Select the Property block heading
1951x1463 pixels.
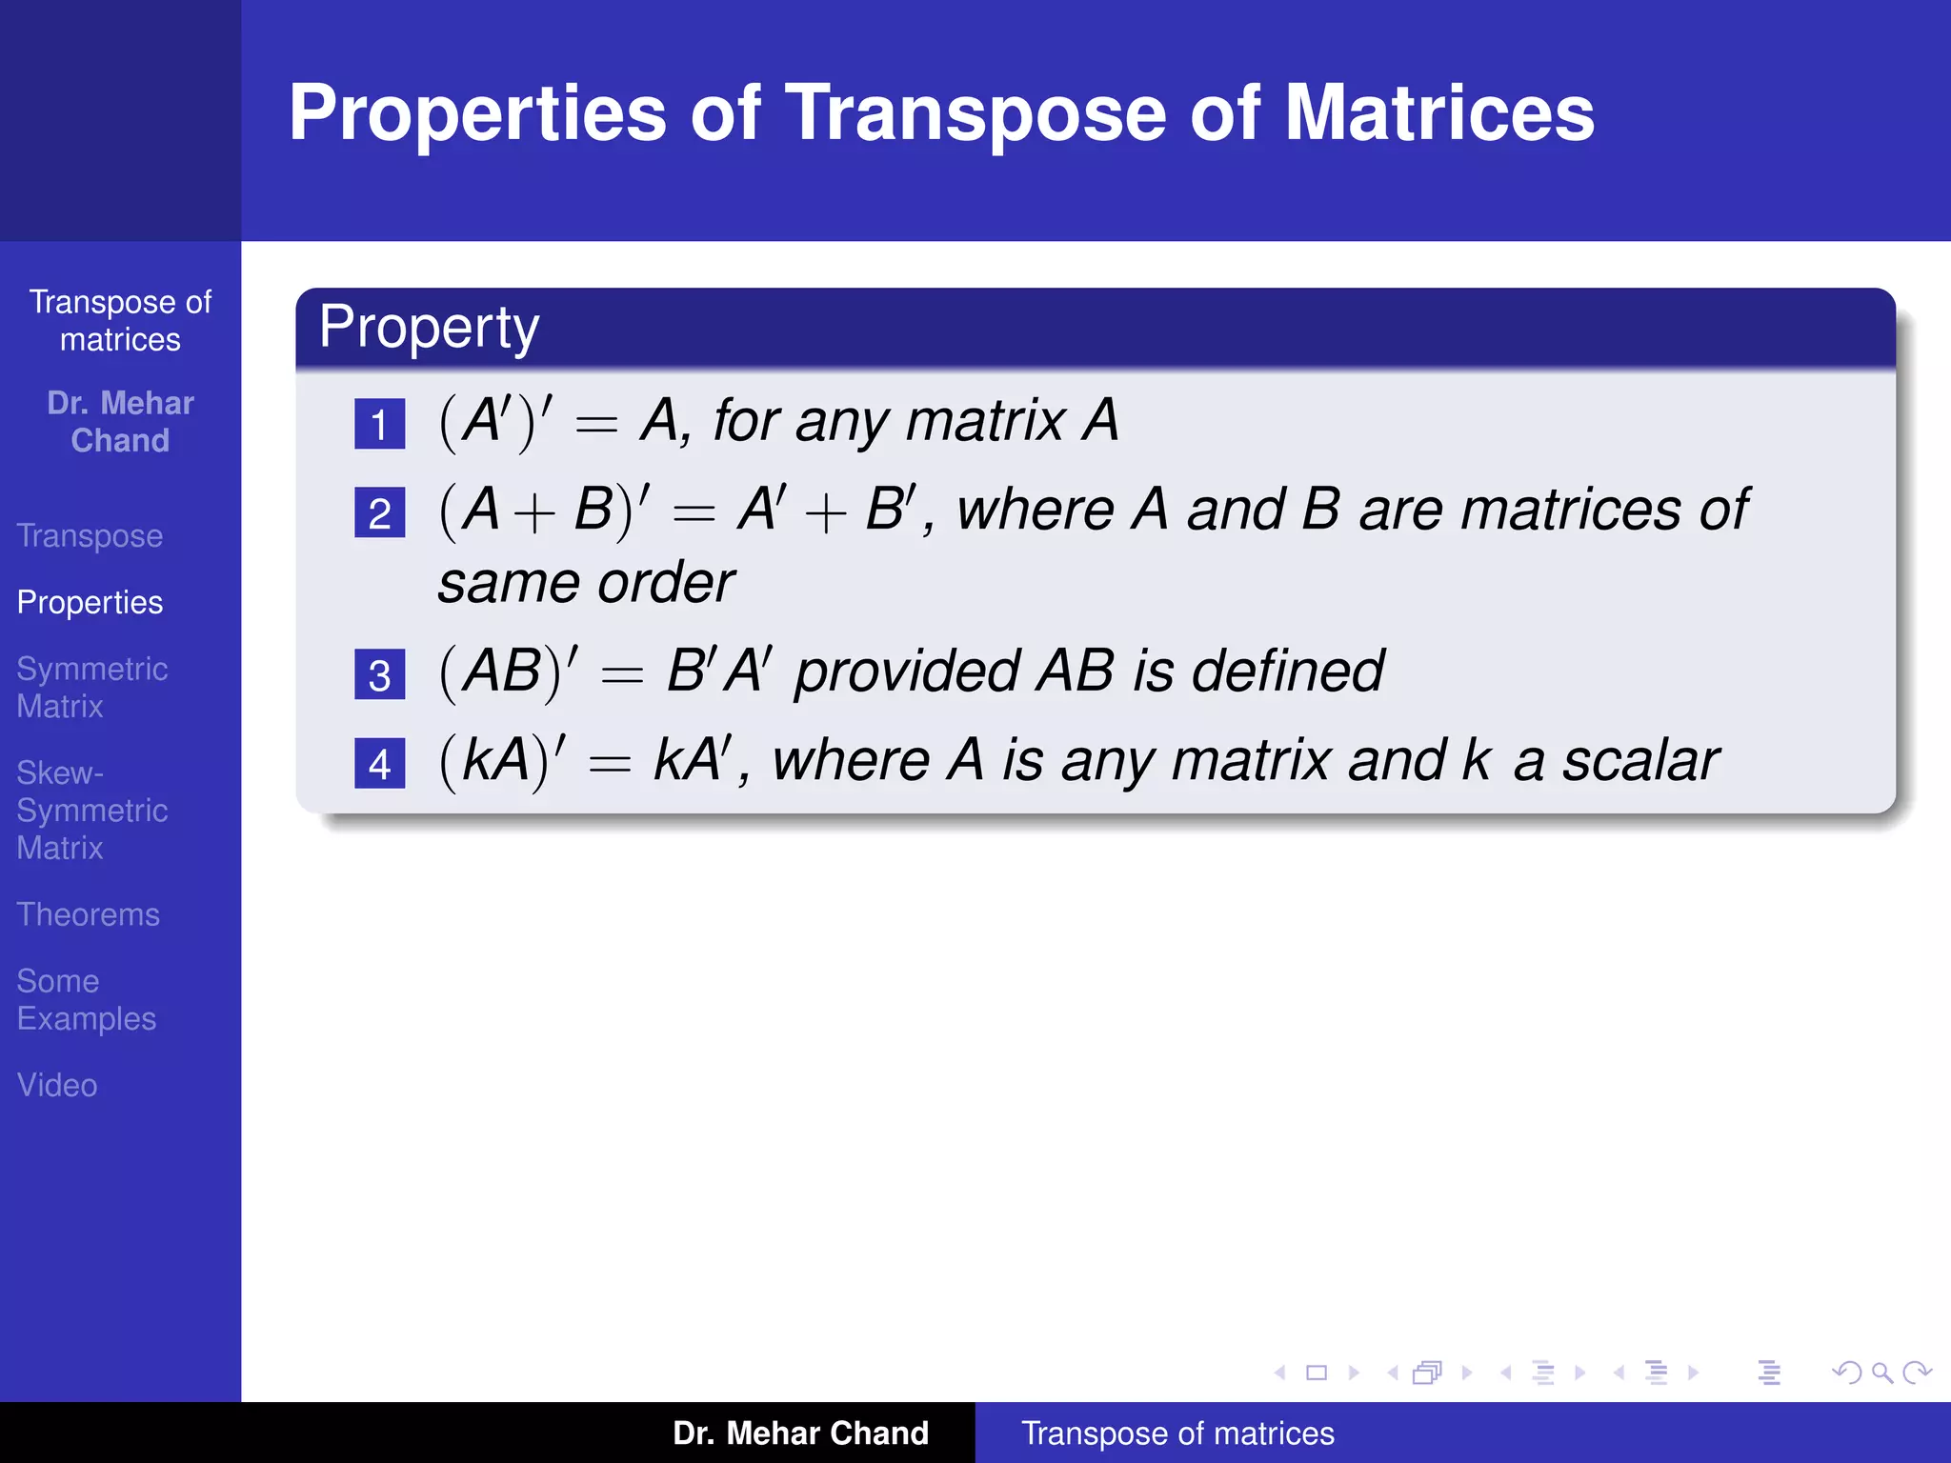coord(429,328)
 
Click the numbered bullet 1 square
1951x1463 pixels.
coord(379,424)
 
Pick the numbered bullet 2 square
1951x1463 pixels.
coord(379,513)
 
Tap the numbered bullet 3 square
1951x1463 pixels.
coord(379,675)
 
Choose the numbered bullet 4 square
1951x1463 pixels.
coord(379,764)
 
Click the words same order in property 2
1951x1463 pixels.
coord(586,583)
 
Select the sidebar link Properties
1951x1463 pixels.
coord(90,603)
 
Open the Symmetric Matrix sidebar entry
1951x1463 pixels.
coord(91,688)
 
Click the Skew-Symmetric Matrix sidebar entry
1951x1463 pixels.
coord(91,810)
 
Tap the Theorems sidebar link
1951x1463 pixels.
coord(88,914)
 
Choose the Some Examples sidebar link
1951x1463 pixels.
coord(86,999)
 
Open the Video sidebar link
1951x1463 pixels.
coord(57,1085)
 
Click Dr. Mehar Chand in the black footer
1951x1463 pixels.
coord(800,1433)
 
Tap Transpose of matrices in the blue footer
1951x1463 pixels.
coord(1177,1433)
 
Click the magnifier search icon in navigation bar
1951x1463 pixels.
coord(1881,1373)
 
